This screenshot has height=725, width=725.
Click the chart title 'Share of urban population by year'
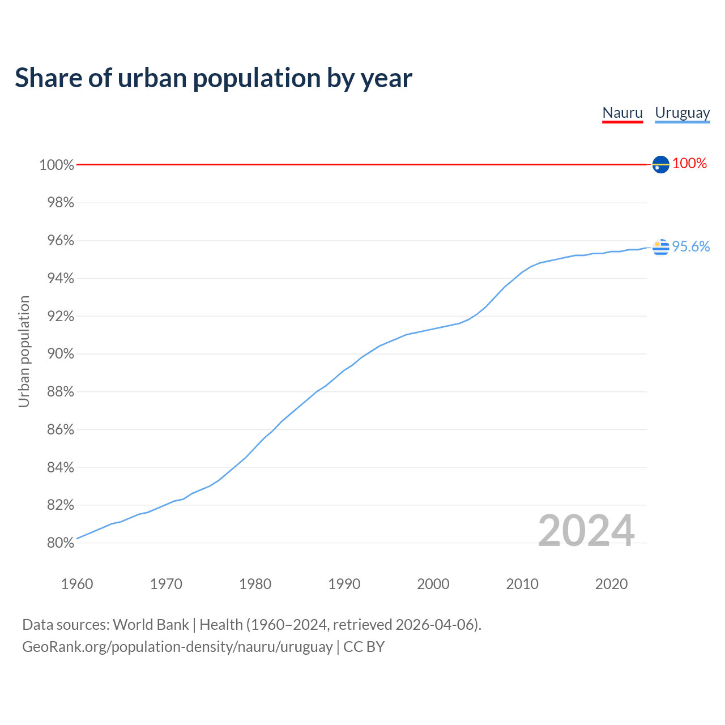[x=214, y=78]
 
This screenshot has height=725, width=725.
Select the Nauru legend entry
[x=622, y=113]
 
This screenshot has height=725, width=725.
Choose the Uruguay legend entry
[x=683, y=113]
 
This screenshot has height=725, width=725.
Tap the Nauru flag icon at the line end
[x=660, y=164]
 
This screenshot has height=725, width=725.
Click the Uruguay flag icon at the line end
[x=660, y=247]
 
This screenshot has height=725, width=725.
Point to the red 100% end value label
[x=689, y=164]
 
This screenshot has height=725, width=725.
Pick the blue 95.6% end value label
[x=690, y=246]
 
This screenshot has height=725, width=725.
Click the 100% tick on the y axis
[x=57, y=165]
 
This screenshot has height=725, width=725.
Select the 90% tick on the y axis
[x=60, y=354]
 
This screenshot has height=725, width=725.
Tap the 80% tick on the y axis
[x=60, y=543]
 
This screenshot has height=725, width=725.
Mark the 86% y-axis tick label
[x=60, y=430]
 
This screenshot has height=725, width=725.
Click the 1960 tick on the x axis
[x=77, y=584]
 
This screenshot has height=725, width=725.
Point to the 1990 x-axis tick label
[x=344, y=584]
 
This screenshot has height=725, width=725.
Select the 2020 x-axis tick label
[x=611, y=584]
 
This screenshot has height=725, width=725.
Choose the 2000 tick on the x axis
[x=433, y=584]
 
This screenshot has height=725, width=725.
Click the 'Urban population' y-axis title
[x=24, y=351]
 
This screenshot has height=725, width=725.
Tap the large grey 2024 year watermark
[x=586, y=531]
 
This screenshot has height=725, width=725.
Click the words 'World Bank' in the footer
[x=151, y=625]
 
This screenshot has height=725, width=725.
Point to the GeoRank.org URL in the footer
[x=177, y=647]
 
